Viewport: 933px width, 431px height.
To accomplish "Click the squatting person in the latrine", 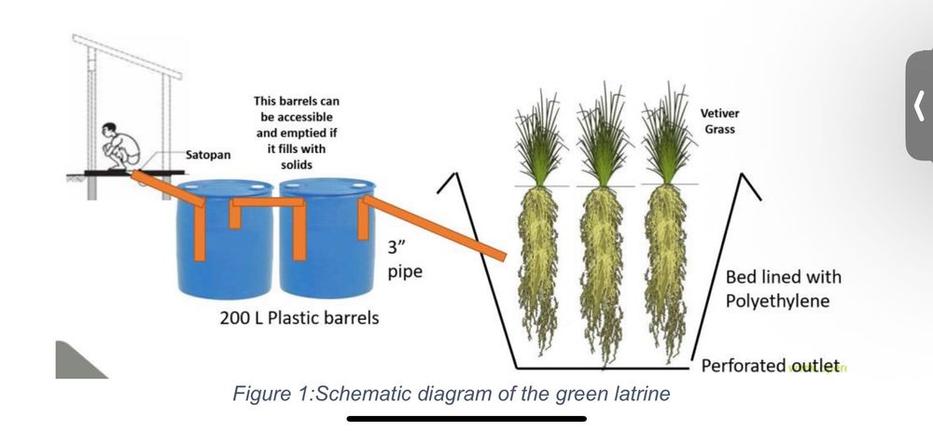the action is click(x=120, y=146).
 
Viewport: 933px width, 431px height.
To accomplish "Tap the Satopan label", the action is click(x=208, y=155).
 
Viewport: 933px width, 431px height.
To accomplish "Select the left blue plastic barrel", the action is click(x=225, y=238).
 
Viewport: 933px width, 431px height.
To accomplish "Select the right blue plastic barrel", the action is click(x=327, y=238).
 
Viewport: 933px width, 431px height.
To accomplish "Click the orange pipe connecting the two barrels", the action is click(x=268, y=202).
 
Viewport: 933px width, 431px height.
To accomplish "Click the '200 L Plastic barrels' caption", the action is click(x=299, y=318).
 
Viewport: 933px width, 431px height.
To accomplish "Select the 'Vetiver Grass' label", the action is click(x=720, y=121).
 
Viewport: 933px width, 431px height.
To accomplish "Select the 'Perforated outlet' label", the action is click(x=771, y=365).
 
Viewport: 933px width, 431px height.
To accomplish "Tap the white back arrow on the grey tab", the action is click(x=920, y=105).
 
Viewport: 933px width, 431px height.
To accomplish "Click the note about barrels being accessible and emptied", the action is click(x=297, y=132).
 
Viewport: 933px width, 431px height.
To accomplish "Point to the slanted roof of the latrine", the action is click(x=127, y=56).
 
